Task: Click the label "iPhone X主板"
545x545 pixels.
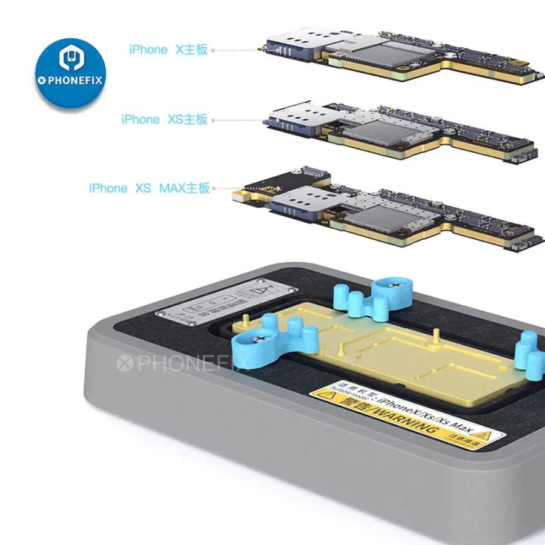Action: pyautogui.click(x=168, y=50)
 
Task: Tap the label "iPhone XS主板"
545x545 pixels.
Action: pyautogui.click(x=164, y=119)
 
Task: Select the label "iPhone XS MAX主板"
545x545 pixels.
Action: pyautogui.click(x=149, y=188)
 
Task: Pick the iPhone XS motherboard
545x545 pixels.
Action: pyautogui.click(x=400, y=130)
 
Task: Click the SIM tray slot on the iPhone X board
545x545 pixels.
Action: pyautogui.click(x=288, y=45)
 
